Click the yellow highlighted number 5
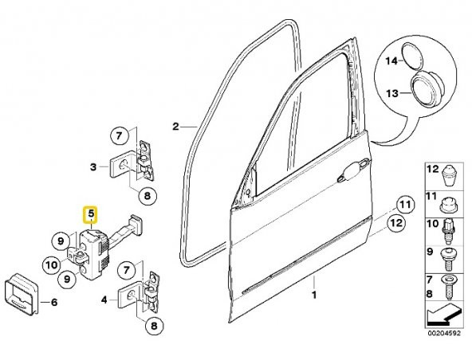click(91, 214)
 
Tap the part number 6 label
click(54, 302)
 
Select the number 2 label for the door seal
click(175, 127)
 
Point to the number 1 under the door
click(314, 295)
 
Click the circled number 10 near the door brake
click(52, 264)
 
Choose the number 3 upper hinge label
click(93, 166)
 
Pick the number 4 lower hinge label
click(104, 299)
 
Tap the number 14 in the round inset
click(392, 61)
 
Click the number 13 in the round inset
click(392, 93)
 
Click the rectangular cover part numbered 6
click(22, 294)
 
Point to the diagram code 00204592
click(445, 333)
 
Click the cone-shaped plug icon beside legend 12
click(449, 177)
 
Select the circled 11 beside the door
click(405, 205)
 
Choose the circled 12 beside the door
click(396, 223)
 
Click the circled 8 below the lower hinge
click(154, 326)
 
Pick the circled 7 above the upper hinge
click(119, 136)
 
